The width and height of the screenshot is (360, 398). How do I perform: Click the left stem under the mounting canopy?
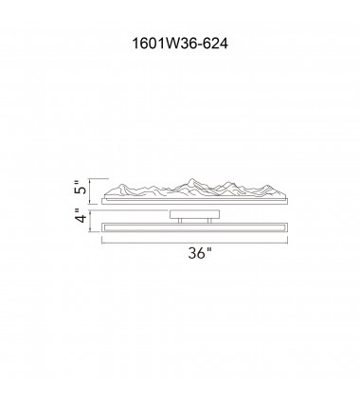[x=175, y=219]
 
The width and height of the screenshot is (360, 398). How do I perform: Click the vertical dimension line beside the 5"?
[x=92, y=190]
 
